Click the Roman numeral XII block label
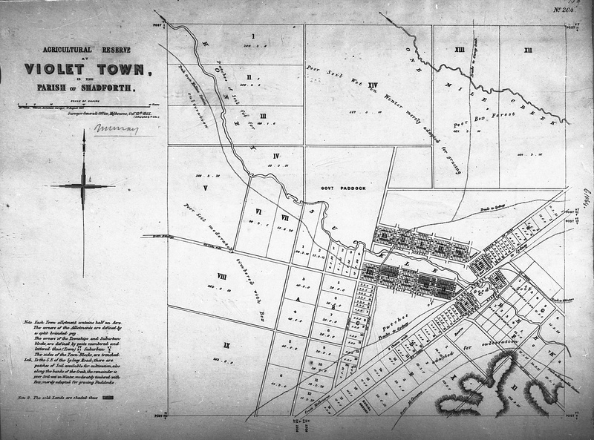coord(527,50)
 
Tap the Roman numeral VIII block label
coord(221,275)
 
